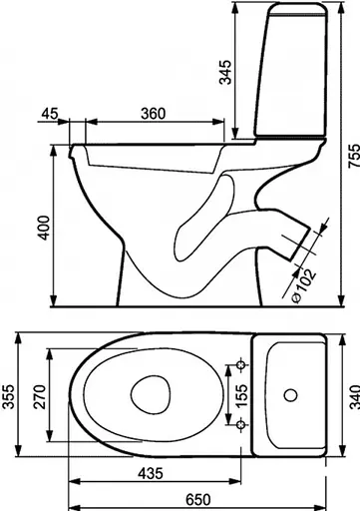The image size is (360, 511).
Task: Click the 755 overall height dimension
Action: click(x=354, y=156)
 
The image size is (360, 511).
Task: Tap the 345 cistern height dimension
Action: click(x=225, y=72)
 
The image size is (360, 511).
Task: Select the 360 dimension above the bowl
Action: click(x=153, y=114)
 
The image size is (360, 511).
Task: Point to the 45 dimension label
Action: click(x=50, y=114)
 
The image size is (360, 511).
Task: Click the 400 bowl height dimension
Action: click(x=44, y=228)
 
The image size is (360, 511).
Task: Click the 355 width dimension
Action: click(x=7, y=396)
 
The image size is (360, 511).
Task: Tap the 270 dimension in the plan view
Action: click(x=40, y=396)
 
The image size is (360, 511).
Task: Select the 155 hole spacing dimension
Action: click(x=241, y=395)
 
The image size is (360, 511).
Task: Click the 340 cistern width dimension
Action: click(x=355, y=396)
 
